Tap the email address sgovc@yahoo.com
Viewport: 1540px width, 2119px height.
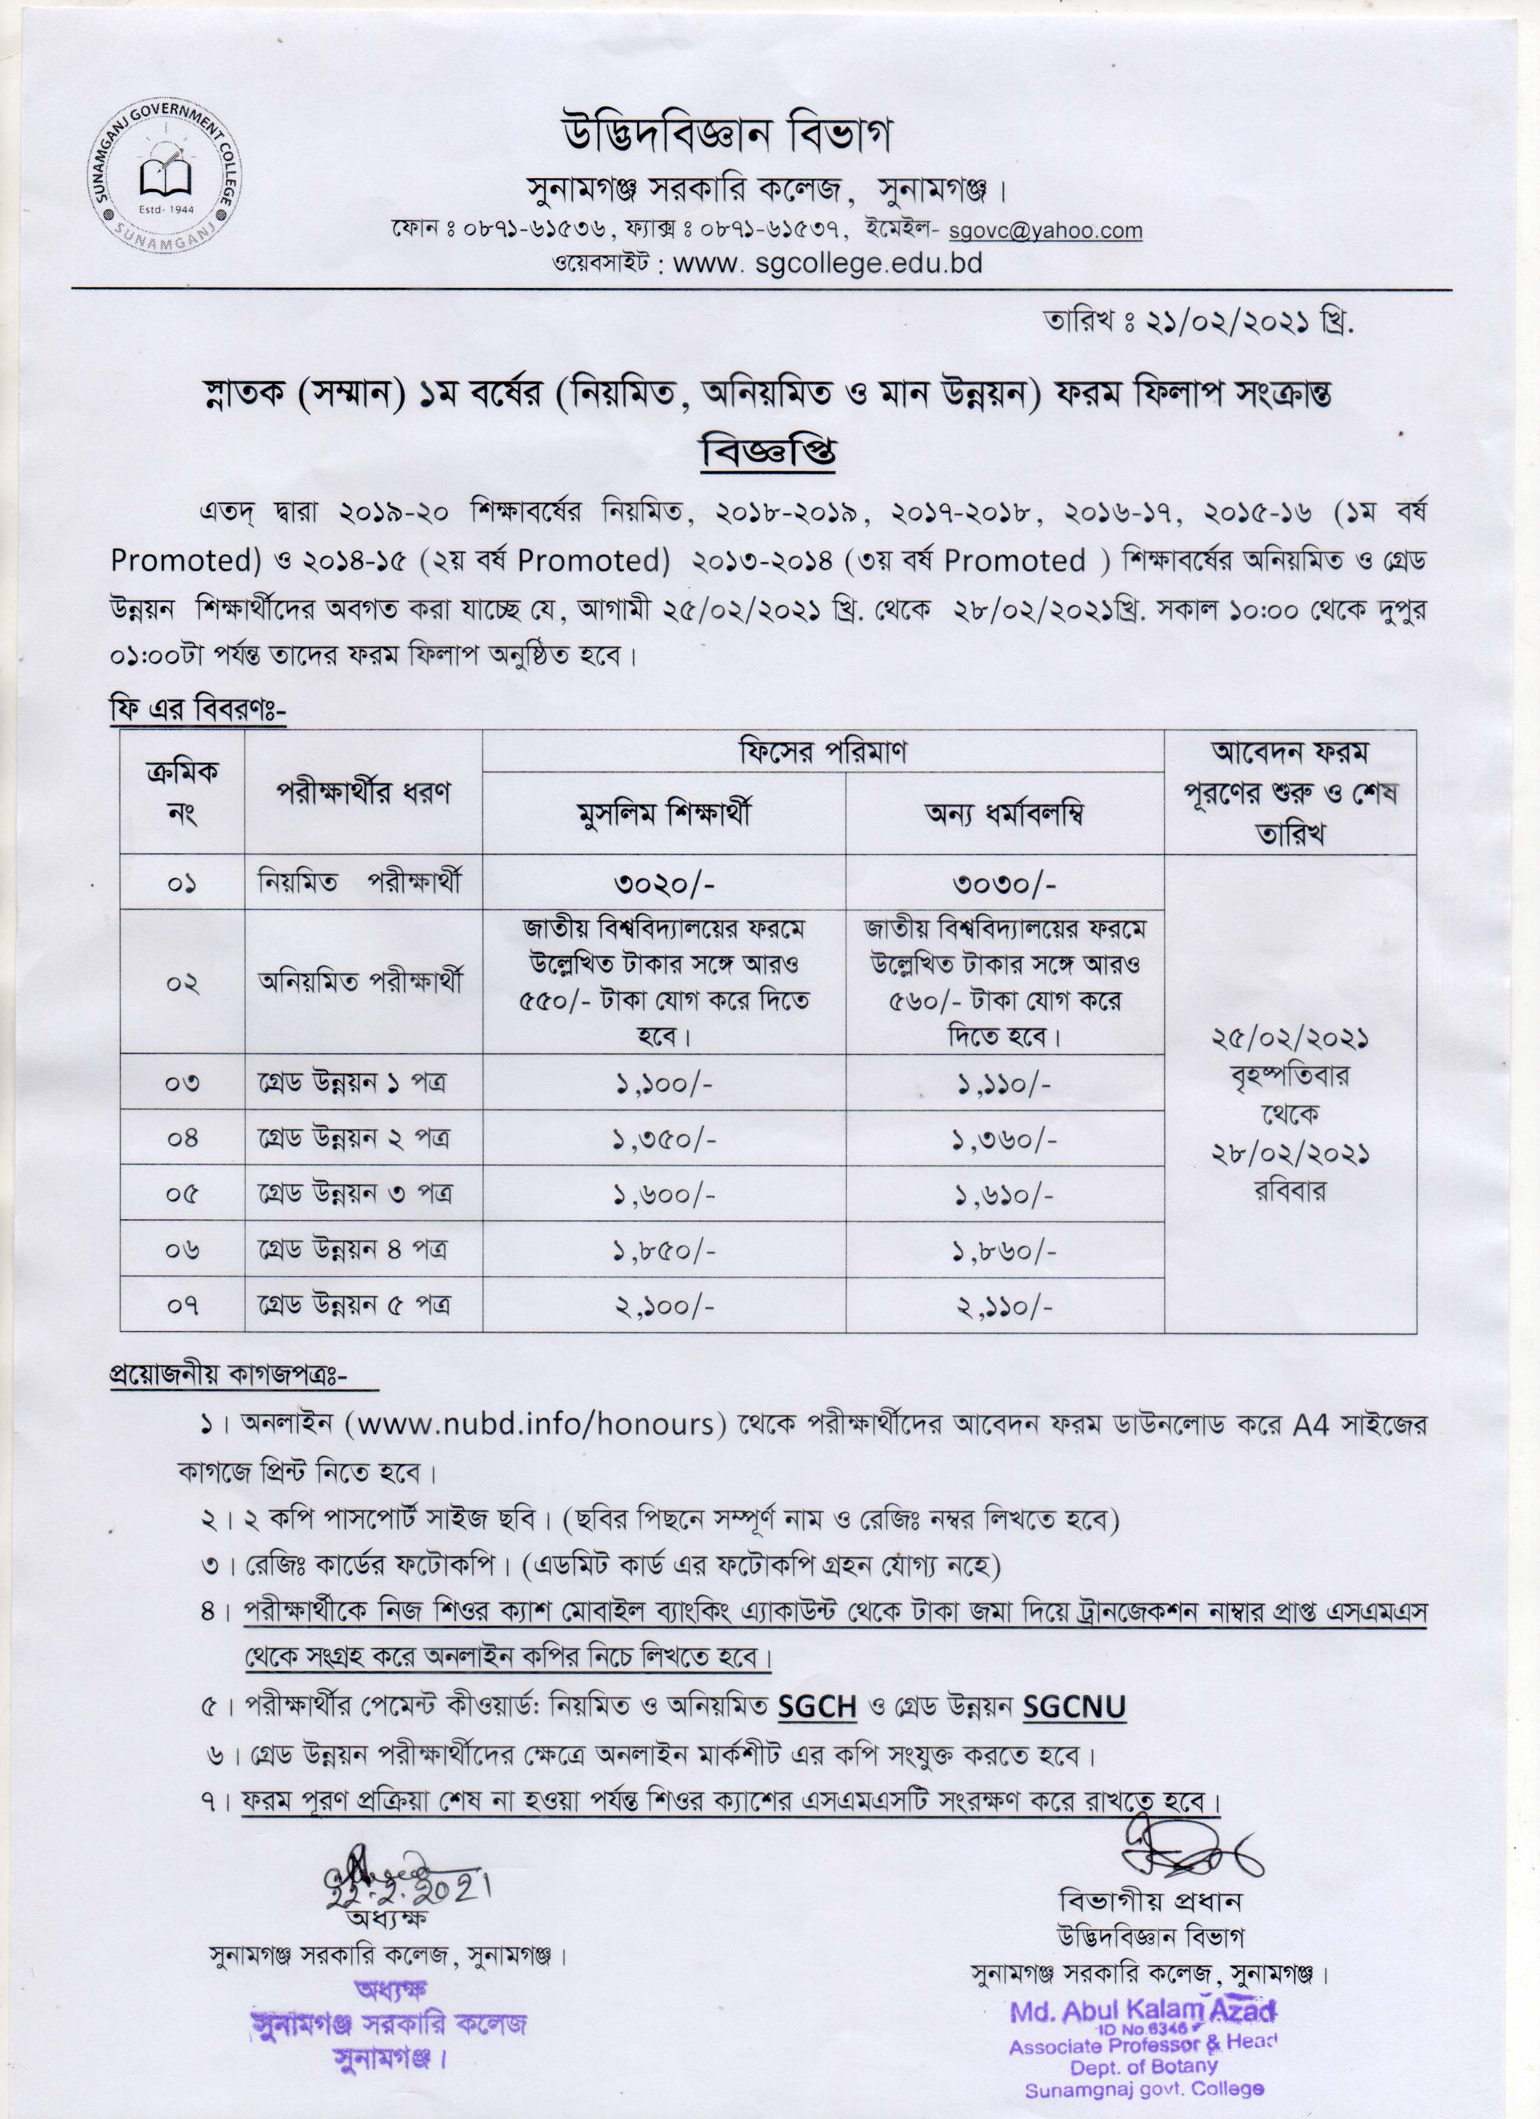pyautogui.click(x=1045, y=231)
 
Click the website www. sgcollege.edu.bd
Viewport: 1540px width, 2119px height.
pyautogui.click(x=827, y=263)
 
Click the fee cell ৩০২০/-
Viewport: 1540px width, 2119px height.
pyautogui.click(x=664, y=883)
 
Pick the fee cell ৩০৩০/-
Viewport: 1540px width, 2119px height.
pyautogui.click(x=1004, y=883)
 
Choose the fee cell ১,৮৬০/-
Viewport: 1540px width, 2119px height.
pyautogui.click(x=1004, y=1250)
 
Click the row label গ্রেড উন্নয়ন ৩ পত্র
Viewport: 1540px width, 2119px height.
pyautogui.click(x=355, y=1194)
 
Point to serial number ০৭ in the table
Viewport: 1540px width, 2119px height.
pyautogui.click(x=182, y=1305)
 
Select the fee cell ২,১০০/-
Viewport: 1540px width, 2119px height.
pyautogui.click(x=664, y=1305)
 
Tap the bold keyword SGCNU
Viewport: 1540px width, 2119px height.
pyautogui.click(x=1074, y=1708)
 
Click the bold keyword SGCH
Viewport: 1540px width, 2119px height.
pyautogui.click(x=818, y=1708)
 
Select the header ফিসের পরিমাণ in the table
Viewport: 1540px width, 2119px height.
pyautogui.click(x=823, y=751)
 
